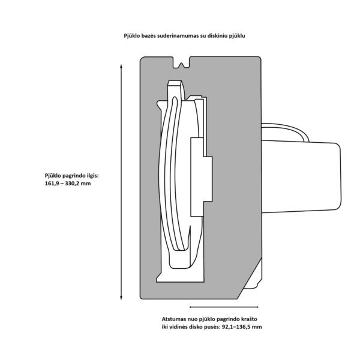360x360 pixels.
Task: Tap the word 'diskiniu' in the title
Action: [x=218, y=36]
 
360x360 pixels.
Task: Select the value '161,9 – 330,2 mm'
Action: [x=68, y=184]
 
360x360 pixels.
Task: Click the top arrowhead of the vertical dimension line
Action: [x=121, y=67]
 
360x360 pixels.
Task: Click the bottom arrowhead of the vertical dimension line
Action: [x=121, y=298]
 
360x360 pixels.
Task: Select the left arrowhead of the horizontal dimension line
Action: [x=191, y=307]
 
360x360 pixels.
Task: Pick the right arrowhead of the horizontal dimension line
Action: [x=256, y=307]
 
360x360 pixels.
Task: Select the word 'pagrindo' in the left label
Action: [x=73, y=176]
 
